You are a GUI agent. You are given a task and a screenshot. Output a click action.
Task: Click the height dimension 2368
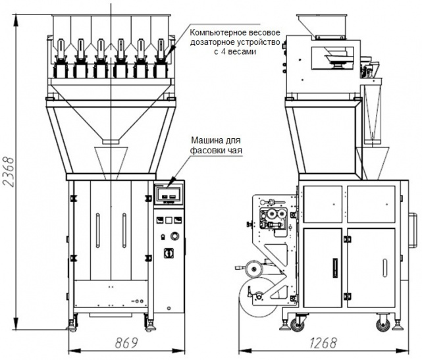(9, 171)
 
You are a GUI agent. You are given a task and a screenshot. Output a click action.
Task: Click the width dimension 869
(126, 342)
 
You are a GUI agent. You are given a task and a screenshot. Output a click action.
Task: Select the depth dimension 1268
(323, 343)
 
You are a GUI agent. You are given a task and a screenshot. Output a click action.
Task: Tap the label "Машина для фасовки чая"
(216, 145)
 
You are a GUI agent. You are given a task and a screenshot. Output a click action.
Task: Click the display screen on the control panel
(169, 193)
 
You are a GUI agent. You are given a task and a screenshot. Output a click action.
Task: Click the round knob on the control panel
(174, 236)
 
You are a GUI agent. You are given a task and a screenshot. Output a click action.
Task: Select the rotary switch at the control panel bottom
(169, 253)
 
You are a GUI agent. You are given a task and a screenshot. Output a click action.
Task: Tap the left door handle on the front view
(97, 230)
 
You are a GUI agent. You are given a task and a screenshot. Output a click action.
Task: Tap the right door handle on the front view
(124, 230)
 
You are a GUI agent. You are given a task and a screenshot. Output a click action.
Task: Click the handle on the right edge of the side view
(411, 230)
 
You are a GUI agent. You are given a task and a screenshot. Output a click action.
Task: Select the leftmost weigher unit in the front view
(61, 59)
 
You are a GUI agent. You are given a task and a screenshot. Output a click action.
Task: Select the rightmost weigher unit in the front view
(161, 59)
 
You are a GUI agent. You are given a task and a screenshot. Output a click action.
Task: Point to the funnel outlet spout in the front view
(111, 141)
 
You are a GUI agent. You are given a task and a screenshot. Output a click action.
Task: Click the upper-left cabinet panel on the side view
(323, 204)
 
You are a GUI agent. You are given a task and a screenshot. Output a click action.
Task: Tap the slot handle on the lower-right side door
(385, 268)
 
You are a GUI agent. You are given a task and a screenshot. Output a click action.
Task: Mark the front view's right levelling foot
(150, 326)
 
